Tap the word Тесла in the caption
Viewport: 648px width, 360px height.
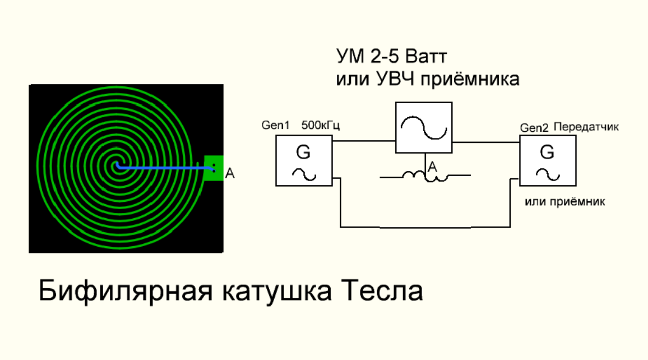click(x=381, y=292)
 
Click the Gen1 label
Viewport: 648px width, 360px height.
click(x=275, y=126)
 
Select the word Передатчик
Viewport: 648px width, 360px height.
click(x=586, y=127)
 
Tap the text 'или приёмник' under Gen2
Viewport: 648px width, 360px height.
click(x=565, y=201)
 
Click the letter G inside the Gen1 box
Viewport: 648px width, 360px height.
click(x=303, y=153)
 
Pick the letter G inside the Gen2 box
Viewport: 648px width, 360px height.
click(x=547, y=153)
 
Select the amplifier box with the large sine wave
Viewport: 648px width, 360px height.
click(x=424, y=128)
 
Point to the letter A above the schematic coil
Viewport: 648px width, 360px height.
click(x=432, y=167)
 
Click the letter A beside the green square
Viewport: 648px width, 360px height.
click(x=229, y=174)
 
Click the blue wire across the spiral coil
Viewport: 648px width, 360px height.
click(x=163, y=166)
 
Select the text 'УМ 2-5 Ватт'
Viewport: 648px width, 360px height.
click(x=393, y=57)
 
